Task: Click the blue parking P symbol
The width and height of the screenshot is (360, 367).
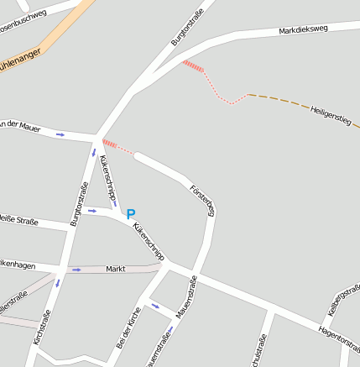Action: [130, 214]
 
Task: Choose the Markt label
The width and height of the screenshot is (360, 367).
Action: [116, 269]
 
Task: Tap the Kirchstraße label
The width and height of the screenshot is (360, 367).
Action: [41, 328]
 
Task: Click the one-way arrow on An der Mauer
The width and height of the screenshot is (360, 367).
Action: [60, 134]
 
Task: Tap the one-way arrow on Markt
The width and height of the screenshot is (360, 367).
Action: [76, 270]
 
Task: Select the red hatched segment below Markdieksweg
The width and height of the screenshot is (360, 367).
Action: [193, 66]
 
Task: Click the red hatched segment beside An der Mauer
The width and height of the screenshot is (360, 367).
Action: [110, 144]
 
